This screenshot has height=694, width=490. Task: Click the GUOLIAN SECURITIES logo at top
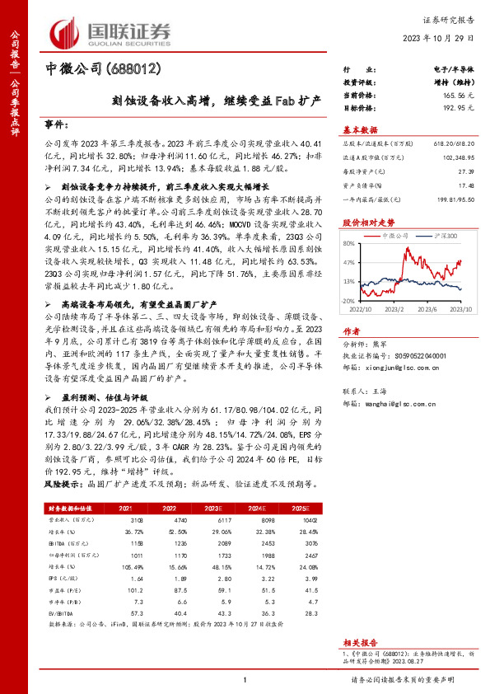click(110, 32)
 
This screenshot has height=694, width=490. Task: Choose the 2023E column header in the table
click(213, 509)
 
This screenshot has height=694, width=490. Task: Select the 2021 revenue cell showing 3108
click(138, 521)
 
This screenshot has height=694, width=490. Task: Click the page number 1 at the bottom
click(245, 679)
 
